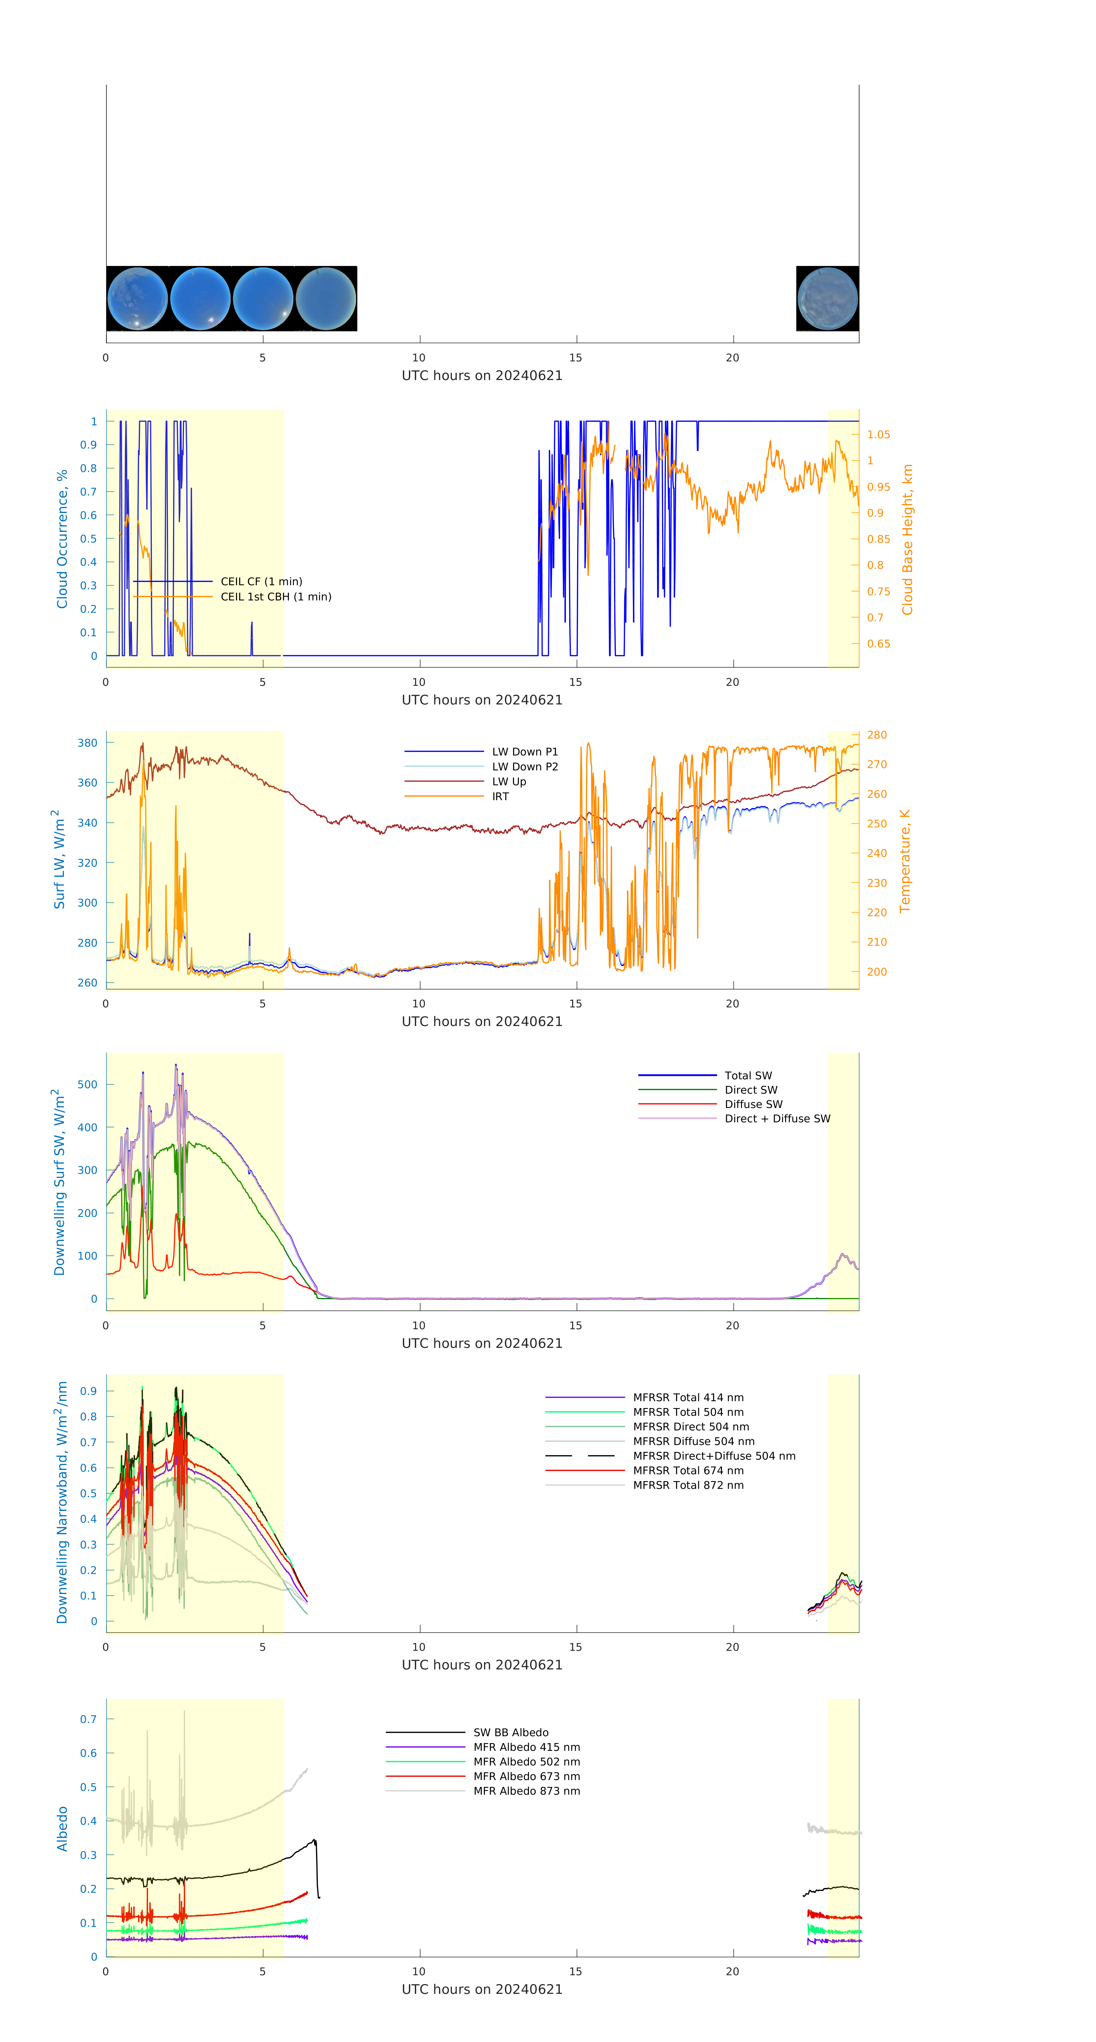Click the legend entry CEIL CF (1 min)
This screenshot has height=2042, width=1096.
click(261, 581)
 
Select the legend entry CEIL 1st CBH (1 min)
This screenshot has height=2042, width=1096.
click(275, 596)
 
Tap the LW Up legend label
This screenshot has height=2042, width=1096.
click(509, 781)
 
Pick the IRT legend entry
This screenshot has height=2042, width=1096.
click(500, 796)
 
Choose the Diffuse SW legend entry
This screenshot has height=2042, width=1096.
click(753, 1103)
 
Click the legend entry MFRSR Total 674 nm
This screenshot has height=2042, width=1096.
click(688, 1470)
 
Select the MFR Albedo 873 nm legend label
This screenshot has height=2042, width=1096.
click(526, 1790)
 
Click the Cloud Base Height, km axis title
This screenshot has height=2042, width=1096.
click(907, 539)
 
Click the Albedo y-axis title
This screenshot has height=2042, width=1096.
click(62, 1828)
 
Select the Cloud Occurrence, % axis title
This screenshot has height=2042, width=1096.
click(62, 539)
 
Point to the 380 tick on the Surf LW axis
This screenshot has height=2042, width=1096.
click(87, 743)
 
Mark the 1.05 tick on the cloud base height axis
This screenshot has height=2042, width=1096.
click(878, 434)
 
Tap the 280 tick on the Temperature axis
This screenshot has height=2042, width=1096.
click(877, 735)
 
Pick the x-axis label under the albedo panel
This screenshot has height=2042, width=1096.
click(482, 1989)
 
